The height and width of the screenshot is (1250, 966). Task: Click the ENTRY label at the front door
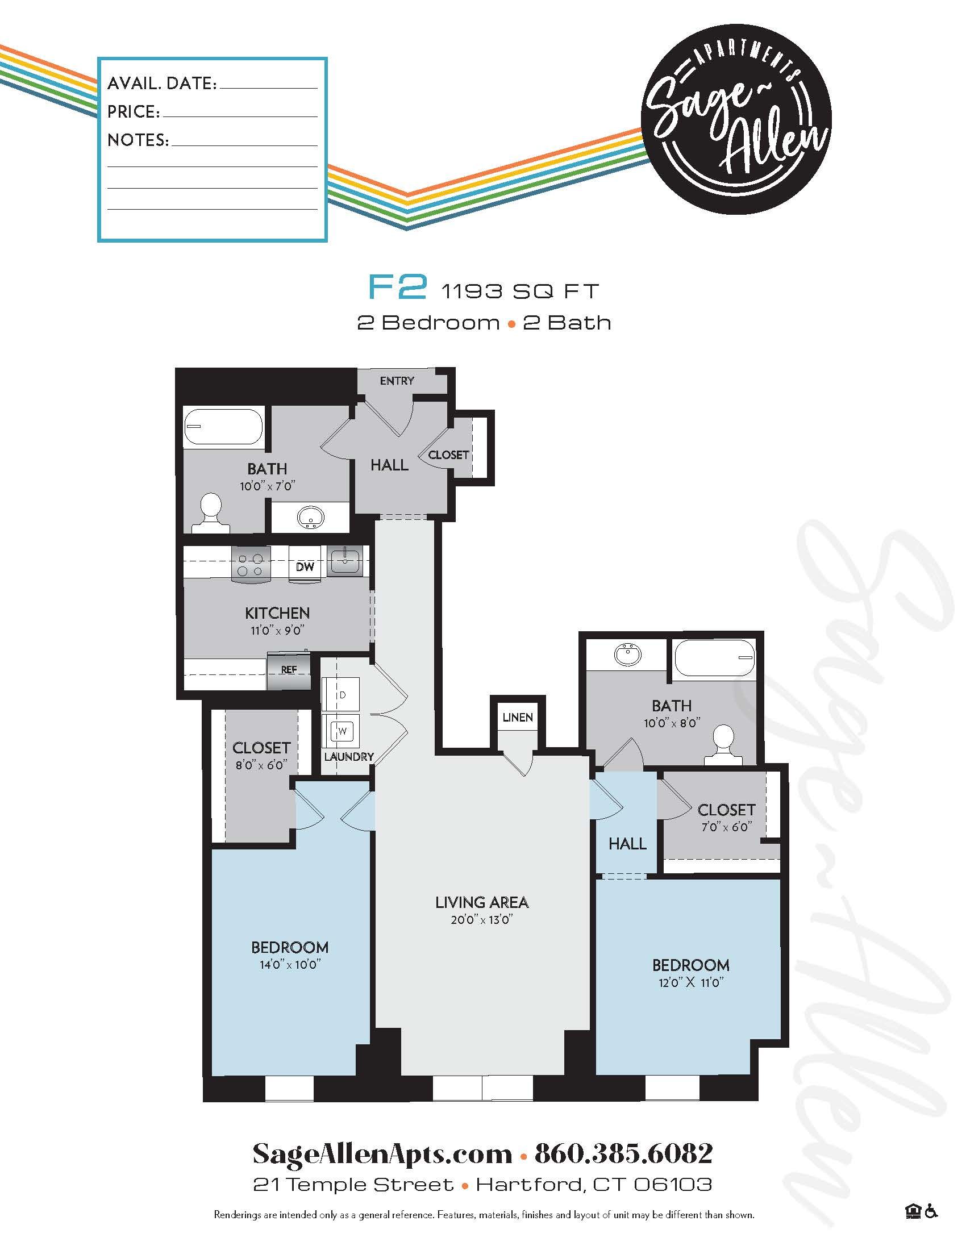click(397, 381)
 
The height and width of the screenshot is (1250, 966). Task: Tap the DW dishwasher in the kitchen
click(305, 566)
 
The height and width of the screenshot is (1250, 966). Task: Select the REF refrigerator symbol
click(289, 669)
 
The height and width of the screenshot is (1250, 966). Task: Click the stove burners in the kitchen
click(250, 564)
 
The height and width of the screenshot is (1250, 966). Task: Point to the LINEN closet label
click(517, 717)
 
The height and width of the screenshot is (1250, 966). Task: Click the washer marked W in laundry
click(342, 730)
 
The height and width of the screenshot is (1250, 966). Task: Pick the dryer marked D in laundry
click(342, 695)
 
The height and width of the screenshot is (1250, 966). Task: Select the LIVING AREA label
click(482, 903)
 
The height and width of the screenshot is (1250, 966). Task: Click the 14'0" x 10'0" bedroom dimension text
click(290, 965)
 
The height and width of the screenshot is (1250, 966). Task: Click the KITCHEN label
click(277, 613)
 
